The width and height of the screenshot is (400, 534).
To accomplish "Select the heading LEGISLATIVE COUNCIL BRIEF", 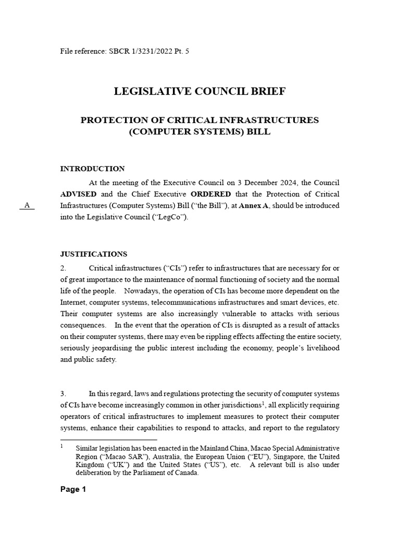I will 199,92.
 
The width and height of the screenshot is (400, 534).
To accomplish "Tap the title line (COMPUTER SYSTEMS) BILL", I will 199,132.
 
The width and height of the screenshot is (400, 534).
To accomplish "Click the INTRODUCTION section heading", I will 92,169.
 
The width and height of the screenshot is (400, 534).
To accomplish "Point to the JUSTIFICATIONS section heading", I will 94,254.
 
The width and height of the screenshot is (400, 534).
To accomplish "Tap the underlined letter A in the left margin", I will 27,205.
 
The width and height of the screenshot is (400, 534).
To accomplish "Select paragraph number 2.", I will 63,268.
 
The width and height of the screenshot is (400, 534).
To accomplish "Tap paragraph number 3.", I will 63,394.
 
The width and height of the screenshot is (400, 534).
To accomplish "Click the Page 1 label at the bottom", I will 73,490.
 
